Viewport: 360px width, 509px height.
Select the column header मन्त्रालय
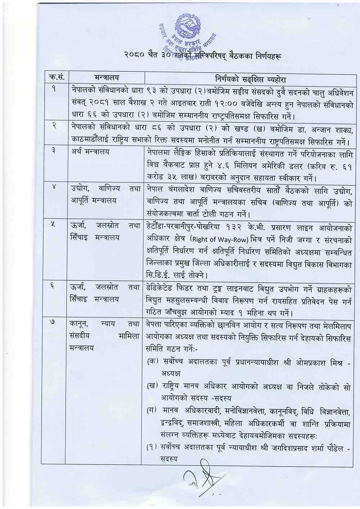tap(107, 78)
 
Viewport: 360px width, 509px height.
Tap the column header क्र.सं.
tap(55, 78)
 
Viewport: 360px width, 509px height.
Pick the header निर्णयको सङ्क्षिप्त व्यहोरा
tap(248, 79)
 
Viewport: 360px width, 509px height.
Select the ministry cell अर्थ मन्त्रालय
tap(90, 152)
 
